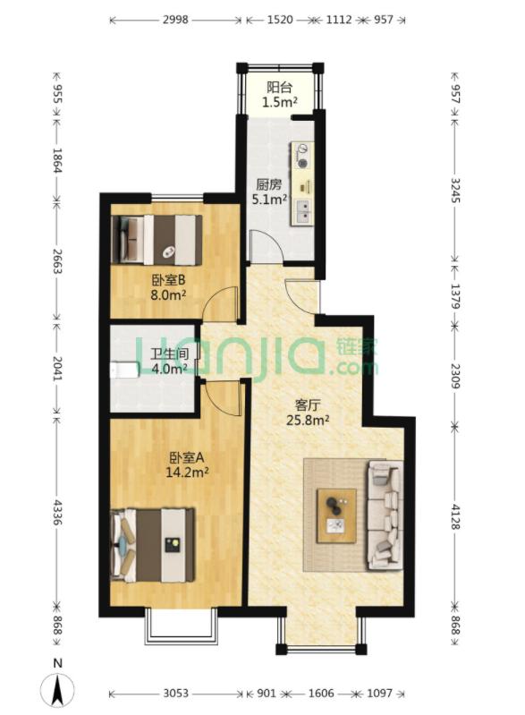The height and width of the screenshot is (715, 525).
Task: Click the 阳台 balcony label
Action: (x=280, y=88)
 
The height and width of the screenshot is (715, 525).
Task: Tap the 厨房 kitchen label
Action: (x=269, y=185)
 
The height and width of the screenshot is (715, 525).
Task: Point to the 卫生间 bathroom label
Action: (x=167, y=354)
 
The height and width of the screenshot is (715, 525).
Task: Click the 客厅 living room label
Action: (x=309, y=404)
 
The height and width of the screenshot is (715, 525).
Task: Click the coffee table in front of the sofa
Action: (x=336, y=515)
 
